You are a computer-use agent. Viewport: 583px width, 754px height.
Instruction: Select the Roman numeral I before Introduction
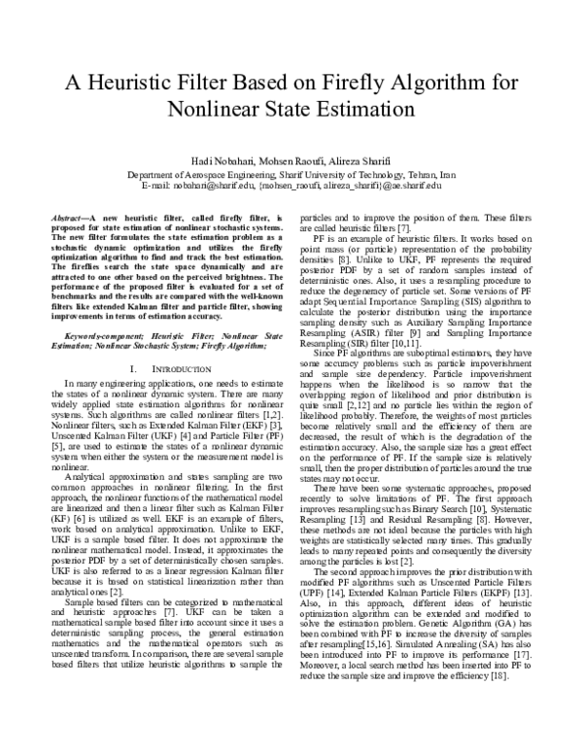click(132, 344)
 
